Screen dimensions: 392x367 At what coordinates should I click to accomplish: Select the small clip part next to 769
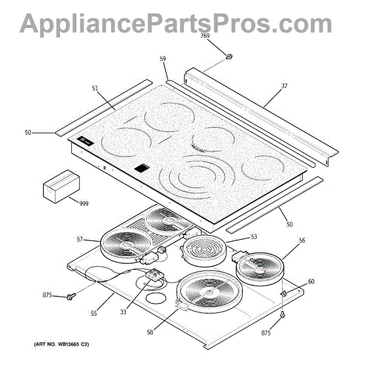229,57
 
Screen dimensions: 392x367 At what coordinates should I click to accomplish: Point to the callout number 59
163,59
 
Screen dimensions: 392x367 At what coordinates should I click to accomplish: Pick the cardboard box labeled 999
59,186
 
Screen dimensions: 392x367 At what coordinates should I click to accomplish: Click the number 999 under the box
84,204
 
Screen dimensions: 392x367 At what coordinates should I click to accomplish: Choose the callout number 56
302,240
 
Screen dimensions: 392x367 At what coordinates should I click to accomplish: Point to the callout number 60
311,282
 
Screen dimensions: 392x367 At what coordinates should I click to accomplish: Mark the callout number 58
150,332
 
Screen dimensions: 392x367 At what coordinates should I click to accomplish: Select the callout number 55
93,314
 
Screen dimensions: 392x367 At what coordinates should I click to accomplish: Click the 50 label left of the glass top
27,133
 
